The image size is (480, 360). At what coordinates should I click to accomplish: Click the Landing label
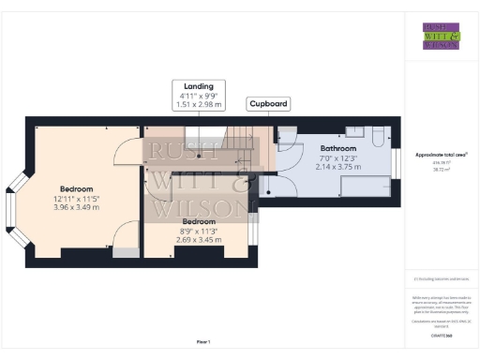199,85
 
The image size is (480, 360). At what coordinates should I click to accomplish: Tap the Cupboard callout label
267,103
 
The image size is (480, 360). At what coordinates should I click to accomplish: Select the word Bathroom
338,148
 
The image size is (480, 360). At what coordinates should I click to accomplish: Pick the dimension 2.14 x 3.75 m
338,167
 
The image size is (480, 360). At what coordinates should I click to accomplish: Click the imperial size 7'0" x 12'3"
338,157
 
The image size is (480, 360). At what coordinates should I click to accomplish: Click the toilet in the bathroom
376,138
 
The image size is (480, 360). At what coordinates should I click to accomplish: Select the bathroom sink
355,132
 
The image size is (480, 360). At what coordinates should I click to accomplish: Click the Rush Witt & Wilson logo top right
441,35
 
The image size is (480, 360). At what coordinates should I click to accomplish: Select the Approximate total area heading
441,154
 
